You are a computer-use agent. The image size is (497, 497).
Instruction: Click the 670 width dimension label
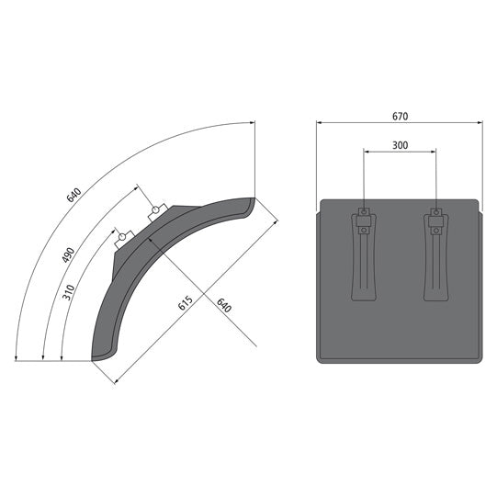[398, 117]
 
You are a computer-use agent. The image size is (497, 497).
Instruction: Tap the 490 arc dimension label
[69, 254]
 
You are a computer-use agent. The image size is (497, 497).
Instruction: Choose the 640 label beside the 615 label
[224, 305]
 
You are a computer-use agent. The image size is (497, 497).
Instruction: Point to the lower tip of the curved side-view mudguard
[95, 358]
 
